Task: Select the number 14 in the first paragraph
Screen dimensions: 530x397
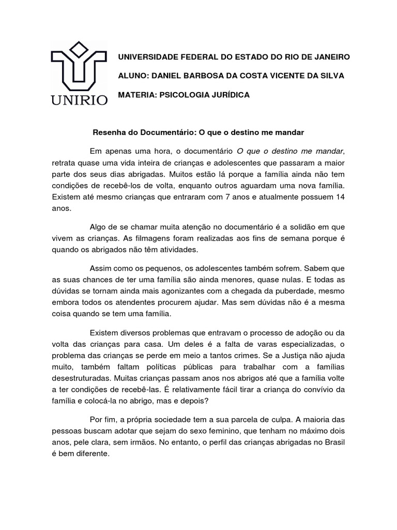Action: [x=339, y=197]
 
